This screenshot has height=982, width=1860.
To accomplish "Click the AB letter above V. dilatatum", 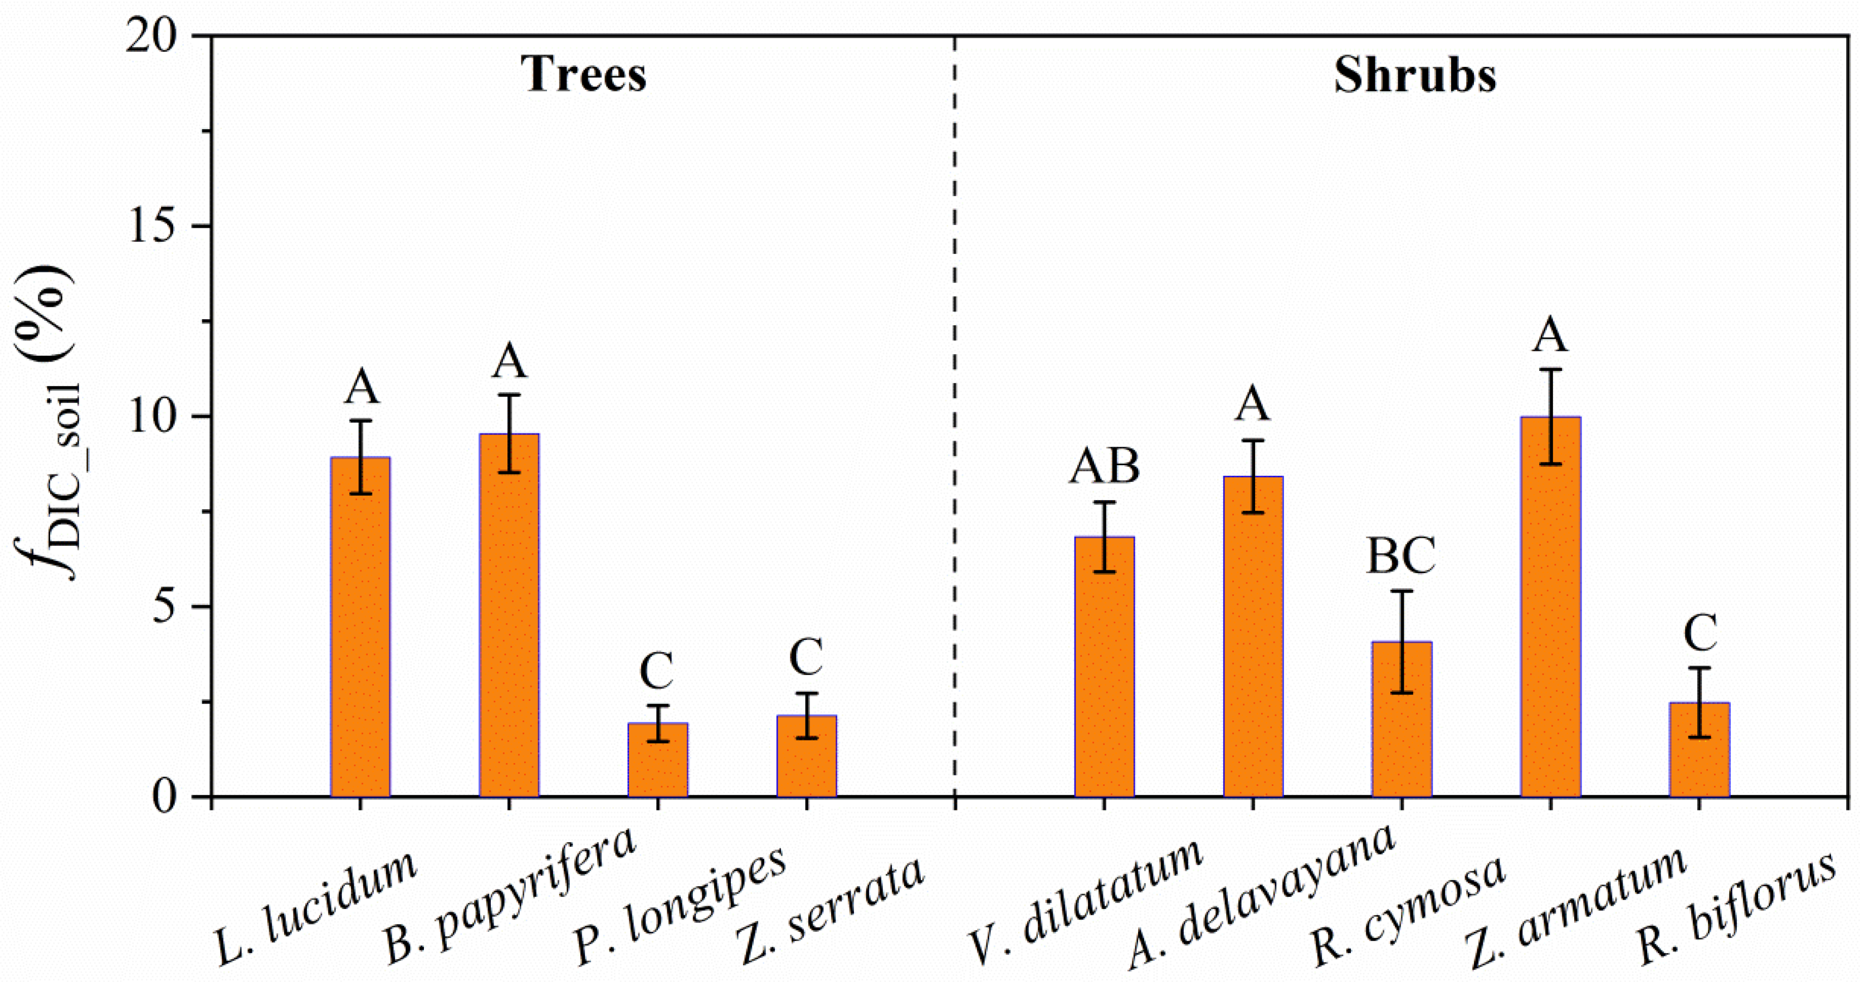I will pos(1104,466).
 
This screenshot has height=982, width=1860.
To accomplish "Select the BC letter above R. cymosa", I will pos(1401,556).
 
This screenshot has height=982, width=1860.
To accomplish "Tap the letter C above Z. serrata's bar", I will pos(806,657).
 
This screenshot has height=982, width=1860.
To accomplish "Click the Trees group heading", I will pos(583,75).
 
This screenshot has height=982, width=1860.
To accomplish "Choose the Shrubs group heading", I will pos(1414,75).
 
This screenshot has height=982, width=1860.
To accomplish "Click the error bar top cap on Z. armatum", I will pos(1550,370).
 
